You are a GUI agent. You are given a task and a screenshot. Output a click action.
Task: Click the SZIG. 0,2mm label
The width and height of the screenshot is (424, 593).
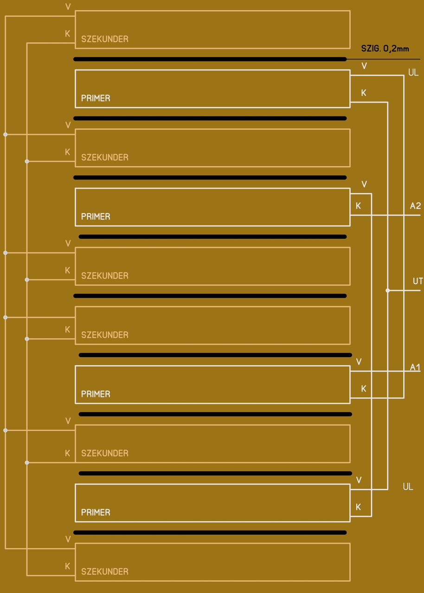point(385,49)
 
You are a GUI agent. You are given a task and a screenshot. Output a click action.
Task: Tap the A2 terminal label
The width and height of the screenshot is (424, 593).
point(415,206)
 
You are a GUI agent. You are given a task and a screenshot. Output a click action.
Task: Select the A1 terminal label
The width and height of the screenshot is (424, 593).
point(415,367)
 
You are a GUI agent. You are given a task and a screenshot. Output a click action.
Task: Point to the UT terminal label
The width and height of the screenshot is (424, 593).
point(418,281)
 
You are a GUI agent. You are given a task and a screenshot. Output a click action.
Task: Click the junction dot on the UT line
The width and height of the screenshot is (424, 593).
point(387,290)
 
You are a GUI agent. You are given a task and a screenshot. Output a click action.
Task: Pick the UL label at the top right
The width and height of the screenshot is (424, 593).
point(413,73)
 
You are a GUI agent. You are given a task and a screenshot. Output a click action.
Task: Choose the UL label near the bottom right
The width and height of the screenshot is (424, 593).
point(408,486)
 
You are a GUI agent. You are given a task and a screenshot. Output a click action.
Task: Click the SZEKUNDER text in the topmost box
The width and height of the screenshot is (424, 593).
point(105,39)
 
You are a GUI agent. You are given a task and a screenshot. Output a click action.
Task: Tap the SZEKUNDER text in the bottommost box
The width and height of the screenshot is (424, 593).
point(105,572)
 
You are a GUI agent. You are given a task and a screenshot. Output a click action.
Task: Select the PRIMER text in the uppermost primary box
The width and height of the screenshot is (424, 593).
point(96,98)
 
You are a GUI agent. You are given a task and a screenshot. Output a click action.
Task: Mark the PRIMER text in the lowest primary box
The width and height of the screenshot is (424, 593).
point(96,512)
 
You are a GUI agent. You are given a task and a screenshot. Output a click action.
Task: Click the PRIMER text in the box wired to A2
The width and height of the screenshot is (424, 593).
point(96,216)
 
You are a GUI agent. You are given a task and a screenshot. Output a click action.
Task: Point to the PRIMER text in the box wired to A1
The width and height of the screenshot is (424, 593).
point(96,394)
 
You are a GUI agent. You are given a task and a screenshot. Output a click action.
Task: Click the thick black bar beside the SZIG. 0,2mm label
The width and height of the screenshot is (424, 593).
point(210,59)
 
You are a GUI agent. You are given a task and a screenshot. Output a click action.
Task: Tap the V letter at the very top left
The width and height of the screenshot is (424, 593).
point(68,7)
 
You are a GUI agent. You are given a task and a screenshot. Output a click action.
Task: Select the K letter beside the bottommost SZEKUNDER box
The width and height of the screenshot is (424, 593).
point(68,566)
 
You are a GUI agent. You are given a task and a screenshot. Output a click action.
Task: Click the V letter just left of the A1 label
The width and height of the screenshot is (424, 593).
point(359,362)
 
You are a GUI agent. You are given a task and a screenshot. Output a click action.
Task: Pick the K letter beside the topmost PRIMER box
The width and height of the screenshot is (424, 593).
point(364,93)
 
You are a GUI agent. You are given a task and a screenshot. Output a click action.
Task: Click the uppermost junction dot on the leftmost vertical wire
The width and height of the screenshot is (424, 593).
point(5,134)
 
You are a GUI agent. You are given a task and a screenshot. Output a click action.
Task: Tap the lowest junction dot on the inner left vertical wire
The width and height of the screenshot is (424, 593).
point(27,462)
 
